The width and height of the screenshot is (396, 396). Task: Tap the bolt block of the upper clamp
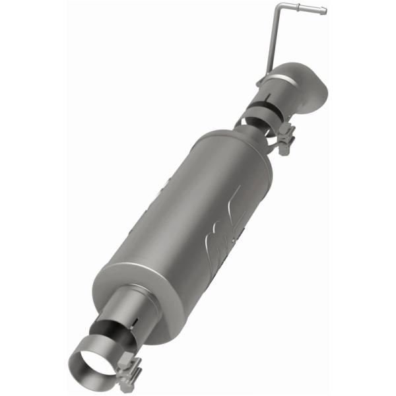click(x=286, y=139)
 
